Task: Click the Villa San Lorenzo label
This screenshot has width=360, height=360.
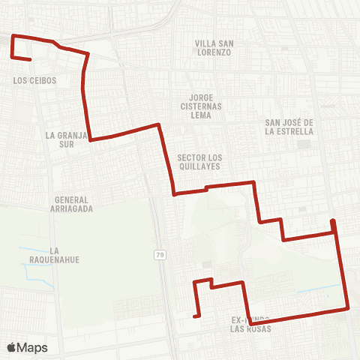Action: (x=213, y=48)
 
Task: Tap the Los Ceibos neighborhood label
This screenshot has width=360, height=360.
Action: (x=34, y=80)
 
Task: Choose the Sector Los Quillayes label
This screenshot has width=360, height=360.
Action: (x=199, y=162)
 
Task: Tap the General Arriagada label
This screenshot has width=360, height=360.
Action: (x=73, y=205)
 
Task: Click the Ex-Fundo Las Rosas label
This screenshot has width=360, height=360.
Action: (x=249, y=324)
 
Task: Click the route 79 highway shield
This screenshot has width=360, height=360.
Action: (x=160, y=255)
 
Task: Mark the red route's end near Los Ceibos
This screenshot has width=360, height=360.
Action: (x=29, y=58)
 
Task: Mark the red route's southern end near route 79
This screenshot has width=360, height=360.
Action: (x=195, y=316)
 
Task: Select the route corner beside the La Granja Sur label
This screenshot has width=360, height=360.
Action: (x=91, y=139)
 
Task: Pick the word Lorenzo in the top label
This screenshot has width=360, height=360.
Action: (x=213, y=52)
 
